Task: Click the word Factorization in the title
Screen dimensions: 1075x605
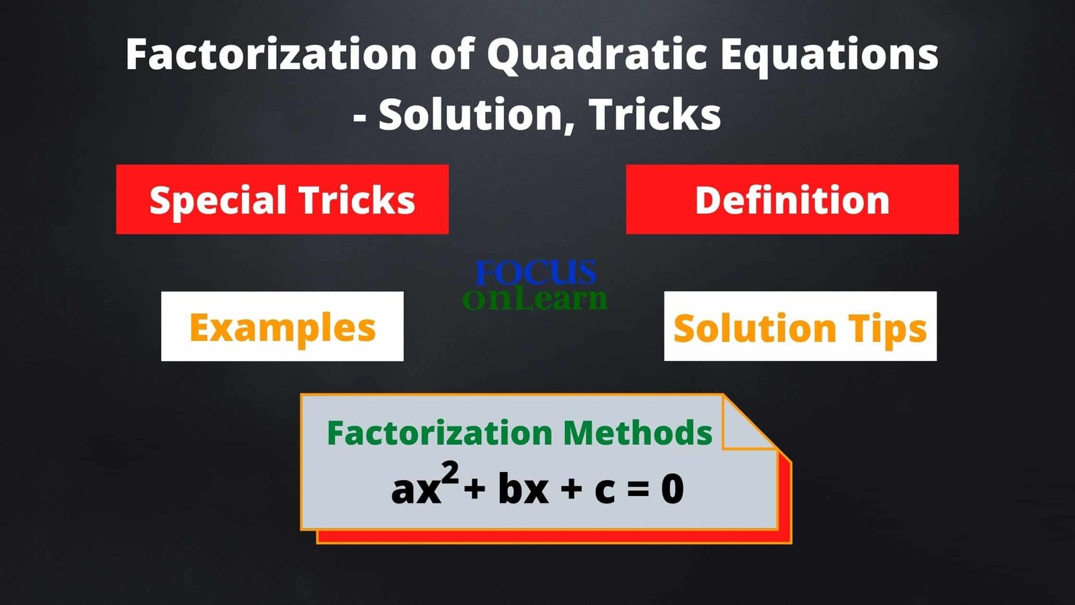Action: click(271, 54)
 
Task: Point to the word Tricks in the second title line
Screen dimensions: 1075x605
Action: click(655, 114)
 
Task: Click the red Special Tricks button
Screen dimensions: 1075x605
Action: click(282, 199)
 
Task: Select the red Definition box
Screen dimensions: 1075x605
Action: click(792, 199)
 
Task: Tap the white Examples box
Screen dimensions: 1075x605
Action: click(282, 326)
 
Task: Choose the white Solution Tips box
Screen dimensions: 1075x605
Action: click(800, 326)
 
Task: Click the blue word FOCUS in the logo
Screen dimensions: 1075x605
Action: click(535, 272)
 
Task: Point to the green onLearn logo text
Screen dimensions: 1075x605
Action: click(535, 298)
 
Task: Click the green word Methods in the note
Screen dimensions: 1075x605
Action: click(638, 432)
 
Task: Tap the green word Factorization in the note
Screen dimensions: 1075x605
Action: click(439, 432)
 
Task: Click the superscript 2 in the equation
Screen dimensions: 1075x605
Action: click(450, 473)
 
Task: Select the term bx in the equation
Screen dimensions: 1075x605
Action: click(523, 490)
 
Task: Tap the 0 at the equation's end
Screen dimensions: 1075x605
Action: click(673, 490)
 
